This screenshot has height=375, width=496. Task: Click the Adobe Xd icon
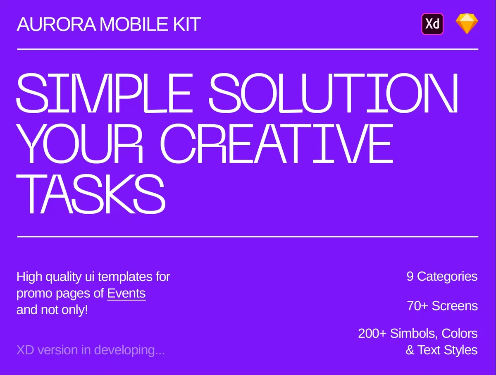click(432, 24)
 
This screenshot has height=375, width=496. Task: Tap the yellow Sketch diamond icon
click(467, 24)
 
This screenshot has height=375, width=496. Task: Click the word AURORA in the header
click(56, 24)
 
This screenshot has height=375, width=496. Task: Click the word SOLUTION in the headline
click(333, 93)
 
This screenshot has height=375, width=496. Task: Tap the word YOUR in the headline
click(79, 143)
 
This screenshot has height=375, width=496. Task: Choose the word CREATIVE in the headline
click(277, 143)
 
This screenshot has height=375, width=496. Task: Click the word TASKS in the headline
click(91, 194)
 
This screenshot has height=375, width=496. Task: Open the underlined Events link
click(126, 294)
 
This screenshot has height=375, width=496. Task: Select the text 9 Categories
click(442, 277)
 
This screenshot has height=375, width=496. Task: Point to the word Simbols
click(413, 334)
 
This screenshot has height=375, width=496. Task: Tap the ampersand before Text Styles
click(410, 350)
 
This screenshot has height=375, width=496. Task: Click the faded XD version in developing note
click(91, 350)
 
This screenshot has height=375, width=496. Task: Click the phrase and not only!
click(52, 310)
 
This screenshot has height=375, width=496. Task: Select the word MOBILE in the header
click(134, 24)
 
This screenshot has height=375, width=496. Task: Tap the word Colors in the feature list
click(459, 333)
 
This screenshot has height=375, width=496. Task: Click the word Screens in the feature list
click(455, 306)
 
